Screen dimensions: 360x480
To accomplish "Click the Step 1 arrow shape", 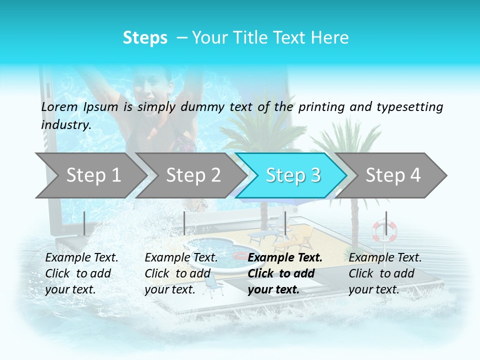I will point(90,175).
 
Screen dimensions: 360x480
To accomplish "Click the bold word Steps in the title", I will point(145,38).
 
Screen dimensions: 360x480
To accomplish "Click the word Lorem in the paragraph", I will point(59,106).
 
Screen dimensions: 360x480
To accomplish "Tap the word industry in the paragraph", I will point(65,124).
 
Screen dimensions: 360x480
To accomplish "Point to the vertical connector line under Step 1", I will point(84,223).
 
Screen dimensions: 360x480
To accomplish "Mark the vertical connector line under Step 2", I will point(184,223).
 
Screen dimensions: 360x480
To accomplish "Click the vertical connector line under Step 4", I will point(386,223).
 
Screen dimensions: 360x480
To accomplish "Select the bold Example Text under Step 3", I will point(285,258).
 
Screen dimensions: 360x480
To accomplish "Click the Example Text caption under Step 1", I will point(81,258).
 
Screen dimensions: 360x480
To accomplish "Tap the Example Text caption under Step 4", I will point(385,258).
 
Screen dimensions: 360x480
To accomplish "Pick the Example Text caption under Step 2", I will point(181,258).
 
